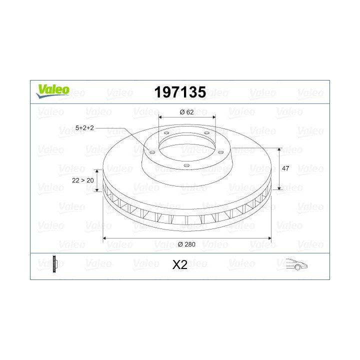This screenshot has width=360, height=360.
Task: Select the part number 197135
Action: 180,92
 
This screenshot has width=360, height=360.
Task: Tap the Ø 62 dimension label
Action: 186,111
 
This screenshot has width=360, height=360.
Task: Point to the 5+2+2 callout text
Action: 85,128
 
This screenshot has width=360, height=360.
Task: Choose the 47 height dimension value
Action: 285,169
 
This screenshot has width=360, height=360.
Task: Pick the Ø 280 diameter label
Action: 186,244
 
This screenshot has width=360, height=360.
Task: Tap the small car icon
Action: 296,264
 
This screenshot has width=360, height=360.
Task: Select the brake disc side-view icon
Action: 55,264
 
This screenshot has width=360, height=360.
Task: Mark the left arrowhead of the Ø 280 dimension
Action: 105,239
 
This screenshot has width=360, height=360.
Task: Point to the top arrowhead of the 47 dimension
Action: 279,150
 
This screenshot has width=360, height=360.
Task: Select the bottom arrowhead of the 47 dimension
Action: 279,189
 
